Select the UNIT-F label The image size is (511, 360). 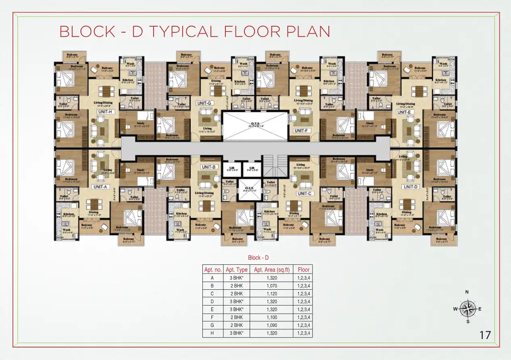point(301,131)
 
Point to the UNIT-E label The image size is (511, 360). point(404,112)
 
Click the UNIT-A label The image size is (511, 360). point(100,187)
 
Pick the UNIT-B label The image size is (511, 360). point(210,167)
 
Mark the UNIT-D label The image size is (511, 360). point(410,186)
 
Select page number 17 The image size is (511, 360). point(484,335)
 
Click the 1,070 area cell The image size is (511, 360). point(271,285)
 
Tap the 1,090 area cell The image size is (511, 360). point(271,325)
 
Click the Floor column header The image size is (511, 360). point(303,270)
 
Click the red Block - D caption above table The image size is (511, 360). point(258,257)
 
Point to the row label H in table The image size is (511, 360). point(212,333)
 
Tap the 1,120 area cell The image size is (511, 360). point(271,293)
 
